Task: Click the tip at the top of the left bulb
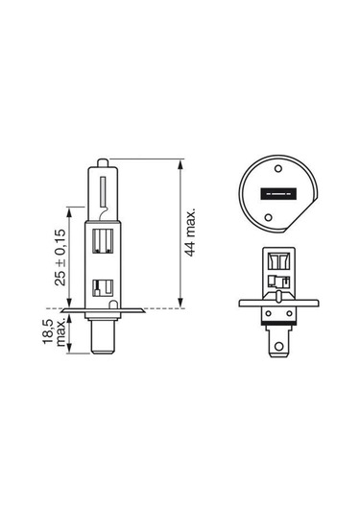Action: [101, 159]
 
